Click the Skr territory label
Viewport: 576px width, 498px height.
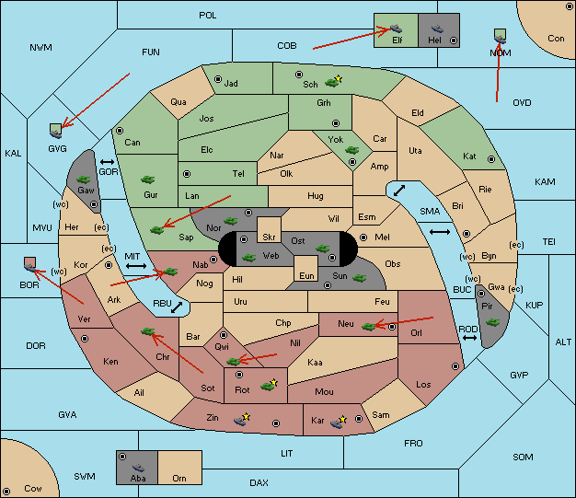pos(269,237)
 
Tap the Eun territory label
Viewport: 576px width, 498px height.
pos(306,275)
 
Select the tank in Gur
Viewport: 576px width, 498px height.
pos(148,180)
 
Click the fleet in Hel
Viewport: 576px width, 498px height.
pos(437,29)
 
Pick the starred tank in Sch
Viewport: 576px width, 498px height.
pos(333,81)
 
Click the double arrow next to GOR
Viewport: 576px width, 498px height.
pos(107,162)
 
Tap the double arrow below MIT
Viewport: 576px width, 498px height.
pos(136,266)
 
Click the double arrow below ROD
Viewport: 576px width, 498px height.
pos(469,338)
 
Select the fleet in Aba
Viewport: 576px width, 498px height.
pos(139,468)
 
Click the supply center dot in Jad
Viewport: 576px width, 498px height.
pos(218,79)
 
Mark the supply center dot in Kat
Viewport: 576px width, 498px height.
pos(491,159)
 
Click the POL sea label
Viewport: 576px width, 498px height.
pos(208,16)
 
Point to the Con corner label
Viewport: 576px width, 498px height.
pos(556,39)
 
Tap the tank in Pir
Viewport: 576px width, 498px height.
pos(492,322)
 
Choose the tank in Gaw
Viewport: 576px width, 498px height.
pos(84,180)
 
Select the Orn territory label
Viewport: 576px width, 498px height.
pos(179,478)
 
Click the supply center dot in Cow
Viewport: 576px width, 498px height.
pos(6,491)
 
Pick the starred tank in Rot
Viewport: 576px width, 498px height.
pos(269,385)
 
